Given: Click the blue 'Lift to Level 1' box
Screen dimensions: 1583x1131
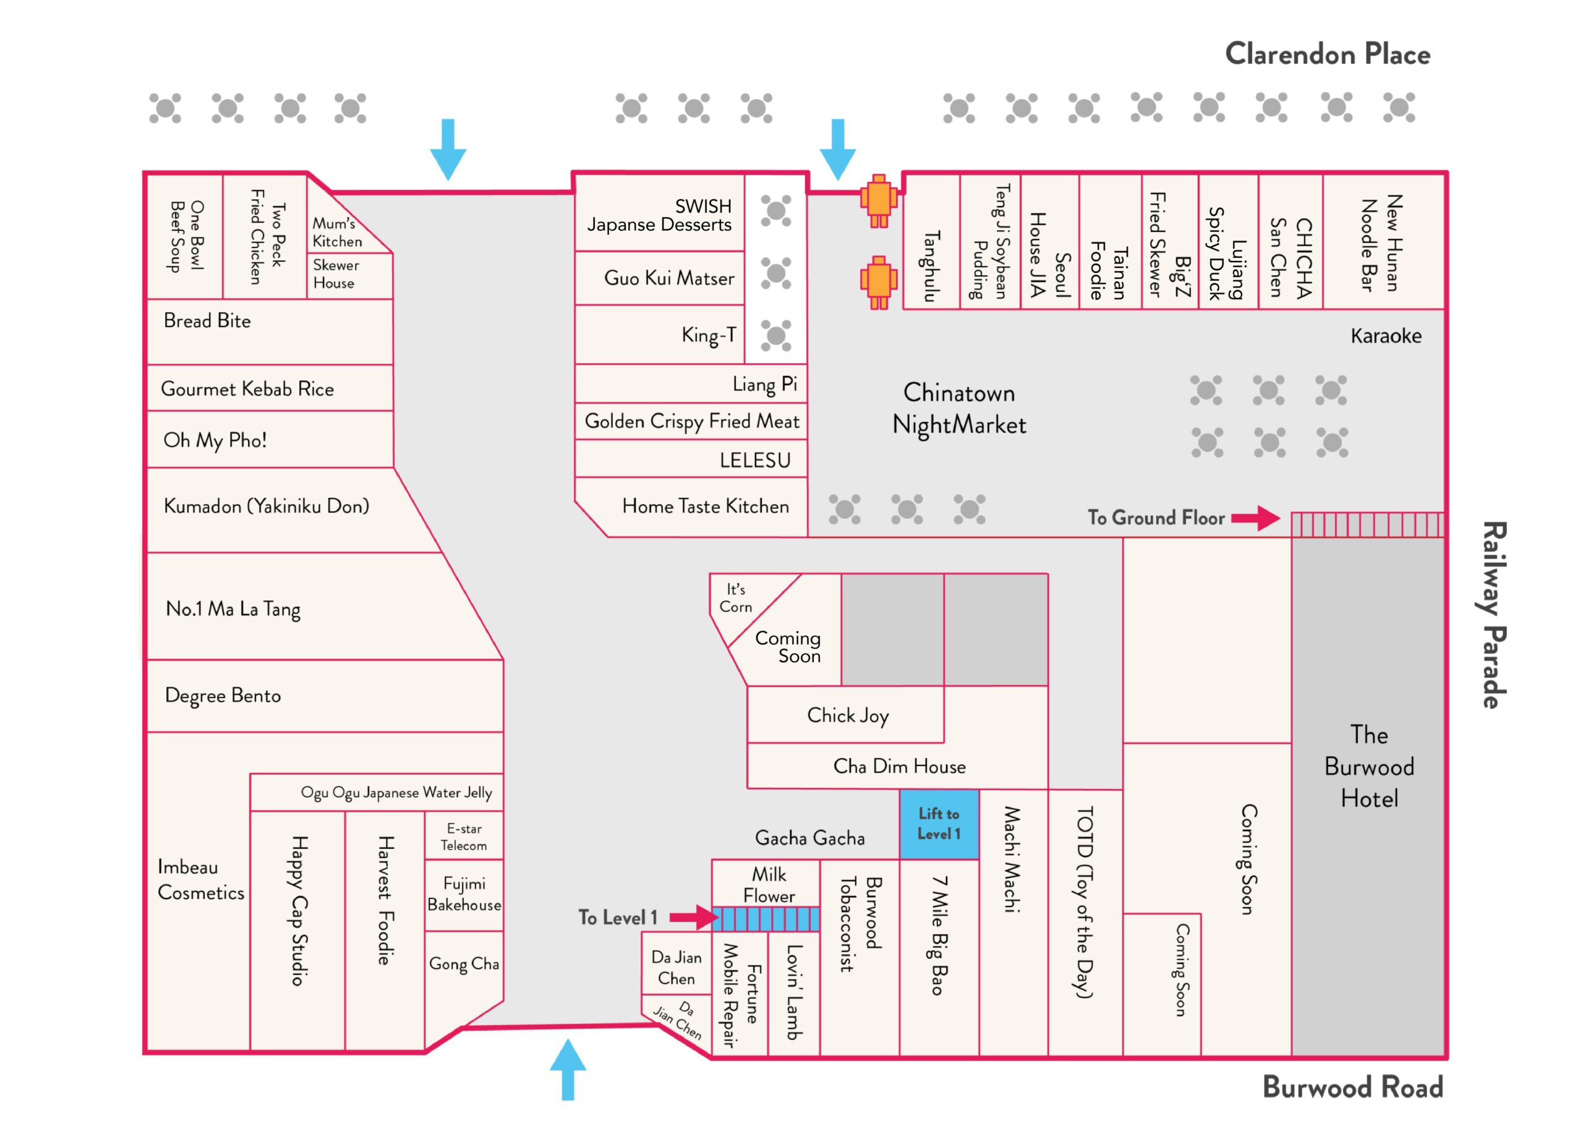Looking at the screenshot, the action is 938,824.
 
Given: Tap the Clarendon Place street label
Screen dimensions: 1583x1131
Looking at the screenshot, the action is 1328,54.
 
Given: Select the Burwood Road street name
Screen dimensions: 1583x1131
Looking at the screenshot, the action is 1352,1087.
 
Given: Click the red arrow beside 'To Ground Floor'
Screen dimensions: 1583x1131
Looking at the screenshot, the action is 1256,518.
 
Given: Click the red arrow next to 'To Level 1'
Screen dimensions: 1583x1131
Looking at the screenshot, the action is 694,917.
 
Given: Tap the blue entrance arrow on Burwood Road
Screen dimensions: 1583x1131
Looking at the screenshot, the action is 568,1070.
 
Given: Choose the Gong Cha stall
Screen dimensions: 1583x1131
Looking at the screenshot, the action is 464,964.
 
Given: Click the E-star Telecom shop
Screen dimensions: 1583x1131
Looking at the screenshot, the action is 464,837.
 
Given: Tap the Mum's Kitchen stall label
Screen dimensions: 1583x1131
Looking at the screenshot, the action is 337,232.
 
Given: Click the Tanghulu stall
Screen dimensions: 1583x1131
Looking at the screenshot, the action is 931,241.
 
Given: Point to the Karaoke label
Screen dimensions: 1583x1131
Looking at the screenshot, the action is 1386,336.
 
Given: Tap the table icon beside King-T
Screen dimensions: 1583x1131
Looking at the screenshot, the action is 776,335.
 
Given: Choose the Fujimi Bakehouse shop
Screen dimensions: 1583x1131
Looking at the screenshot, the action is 464,895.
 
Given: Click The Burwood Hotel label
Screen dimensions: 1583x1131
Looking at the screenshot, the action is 1368,766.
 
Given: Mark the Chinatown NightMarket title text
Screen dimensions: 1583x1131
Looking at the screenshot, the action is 959,409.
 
